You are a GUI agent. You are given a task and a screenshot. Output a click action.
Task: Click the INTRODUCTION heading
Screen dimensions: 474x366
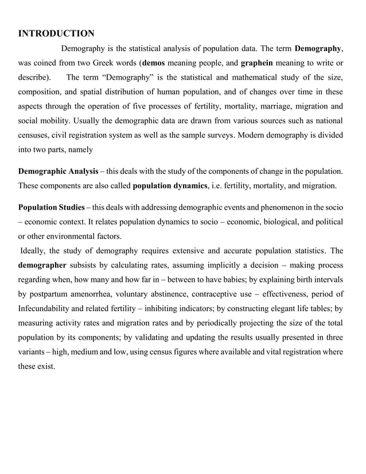coord(56,33)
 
